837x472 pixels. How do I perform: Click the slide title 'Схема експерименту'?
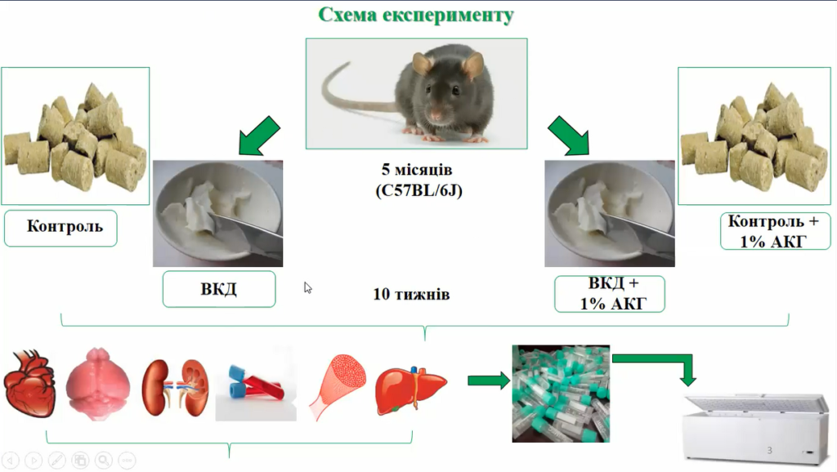pyautogui.click(x=416, y=15)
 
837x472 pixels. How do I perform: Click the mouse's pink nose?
pyautogui.click(x=436, y=114)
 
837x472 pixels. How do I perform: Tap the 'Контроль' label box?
pyautogui.click(x=60, y=228)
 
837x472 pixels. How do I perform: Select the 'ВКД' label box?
pyautogui.click(x=219, y=289)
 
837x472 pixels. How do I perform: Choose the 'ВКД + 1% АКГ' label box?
pyautogui.click(x=610, y=294)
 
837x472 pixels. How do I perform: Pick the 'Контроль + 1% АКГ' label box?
pyautogui.click(x=775, y=231)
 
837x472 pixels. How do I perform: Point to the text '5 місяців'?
pyautogui.click(x=416, y=170)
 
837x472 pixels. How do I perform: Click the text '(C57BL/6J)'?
pyautogui.click(x=418, y=190)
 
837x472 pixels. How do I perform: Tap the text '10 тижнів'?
pyautogui.click(x=411, y=294)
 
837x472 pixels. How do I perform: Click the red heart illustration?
pyautogui.click(x=30, y=383)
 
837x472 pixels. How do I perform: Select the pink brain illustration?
pyautogui.click(x=98, y=384)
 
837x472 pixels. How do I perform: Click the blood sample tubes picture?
pyautogui.click(x=256, y=384)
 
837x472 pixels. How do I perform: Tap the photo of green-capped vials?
pyautogui.click(x=561, y=394)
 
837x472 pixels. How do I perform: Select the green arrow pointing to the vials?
pyautogui.click(x=489, y=381)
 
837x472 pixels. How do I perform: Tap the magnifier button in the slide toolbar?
pyautogui.click(x=104, y=460)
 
